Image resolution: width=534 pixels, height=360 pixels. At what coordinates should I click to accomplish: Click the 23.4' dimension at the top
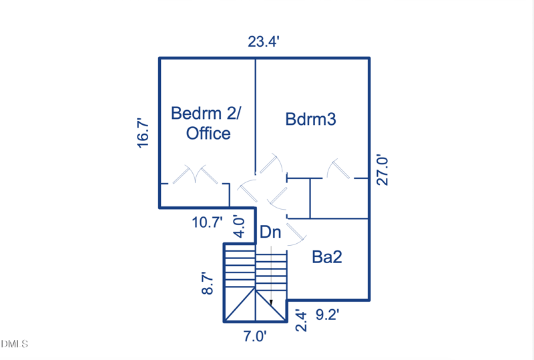click(264, 42)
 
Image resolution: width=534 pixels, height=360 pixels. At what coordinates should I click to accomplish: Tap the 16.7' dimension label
click(144, 133)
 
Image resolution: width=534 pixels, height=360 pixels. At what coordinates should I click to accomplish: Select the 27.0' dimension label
click(382, 170)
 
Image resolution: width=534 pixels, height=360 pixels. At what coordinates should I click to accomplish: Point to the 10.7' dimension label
click(208, 222)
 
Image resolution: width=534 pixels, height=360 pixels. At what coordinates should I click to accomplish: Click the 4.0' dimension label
click(239, 226)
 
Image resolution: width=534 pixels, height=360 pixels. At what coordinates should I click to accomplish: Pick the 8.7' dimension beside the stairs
click(208, 283)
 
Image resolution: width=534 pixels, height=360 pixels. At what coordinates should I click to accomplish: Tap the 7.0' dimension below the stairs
click(255, 337)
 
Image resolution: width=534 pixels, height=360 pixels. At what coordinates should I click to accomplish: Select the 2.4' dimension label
click(301, 321)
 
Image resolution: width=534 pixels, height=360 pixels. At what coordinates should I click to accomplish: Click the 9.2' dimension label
click(327, 315)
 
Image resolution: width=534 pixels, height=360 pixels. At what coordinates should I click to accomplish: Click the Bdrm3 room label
click(310, 120)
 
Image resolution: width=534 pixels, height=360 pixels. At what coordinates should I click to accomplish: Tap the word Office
click(208, 134)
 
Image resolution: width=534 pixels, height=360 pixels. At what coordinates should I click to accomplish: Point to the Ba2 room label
click(327, 256)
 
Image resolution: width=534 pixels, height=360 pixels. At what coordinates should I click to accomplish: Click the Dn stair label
click(270, 232)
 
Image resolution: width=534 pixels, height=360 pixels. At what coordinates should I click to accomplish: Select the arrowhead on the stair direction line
click(271, 303)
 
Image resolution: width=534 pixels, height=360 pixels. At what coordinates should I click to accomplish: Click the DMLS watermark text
click(14, 343)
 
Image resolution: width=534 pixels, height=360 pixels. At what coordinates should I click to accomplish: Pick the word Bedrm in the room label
click(196, 113)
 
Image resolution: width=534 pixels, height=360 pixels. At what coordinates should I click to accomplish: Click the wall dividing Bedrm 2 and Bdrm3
click(256, 116)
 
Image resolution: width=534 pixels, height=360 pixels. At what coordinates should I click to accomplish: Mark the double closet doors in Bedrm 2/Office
click(195, 174)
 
